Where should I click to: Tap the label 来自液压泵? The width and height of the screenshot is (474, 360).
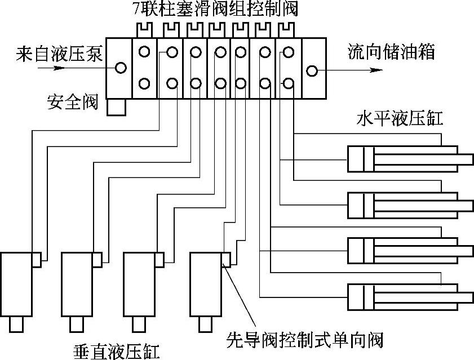[x=54, y=55]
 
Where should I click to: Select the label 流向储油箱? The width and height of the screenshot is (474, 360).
[x=391, y=53]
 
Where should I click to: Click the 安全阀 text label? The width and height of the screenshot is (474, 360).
[x=73, y=103]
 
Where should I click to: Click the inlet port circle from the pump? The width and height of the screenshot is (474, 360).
[x=120, y=68]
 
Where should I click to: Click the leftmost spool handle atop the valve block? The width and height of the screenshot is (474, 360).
[x=144, y=29]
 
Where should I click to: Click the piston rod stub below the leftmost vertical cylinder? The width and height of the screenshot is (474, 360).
[x=17, y=325]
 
